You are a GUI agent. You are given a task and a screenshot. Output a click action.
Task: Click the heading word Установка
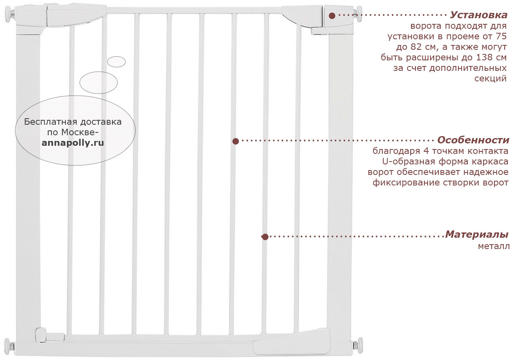(x=479, y=15)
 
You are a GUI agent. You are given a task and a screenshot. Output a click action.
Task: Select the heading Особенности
(x=473, y=140)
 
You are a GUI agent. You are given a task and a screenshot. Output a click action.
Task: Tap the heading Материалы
(x=477, y=234)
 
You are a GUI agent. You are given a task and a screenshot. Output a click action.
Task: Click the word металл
(x=494, y=246)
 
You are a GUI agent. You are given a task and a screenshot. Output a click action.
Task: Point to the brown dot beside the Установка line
(x=332, y=16)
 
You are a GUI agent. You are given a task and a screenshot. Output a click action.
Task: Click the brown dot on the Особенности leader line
(x=236, y=141)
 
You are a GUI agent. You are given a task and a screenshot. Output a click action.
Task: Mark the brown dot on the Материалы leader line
(x=265, y=237)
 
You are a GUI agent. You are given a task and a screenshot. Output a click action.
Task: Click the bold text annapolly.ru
(x=73, y=143)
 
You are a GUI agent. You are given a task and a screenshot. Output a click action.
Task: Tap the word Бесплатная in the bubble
(x=50, y=122)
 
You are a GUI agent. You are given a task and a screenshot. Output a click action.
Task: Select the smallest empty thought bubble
(x=117, y=62)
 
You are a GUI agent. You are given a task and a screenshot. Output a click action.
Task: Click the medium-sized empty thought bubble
(x=98, y=83)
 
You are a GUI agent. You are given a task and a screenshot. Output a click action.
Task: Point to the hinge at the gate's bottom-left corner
(x=49, y=335)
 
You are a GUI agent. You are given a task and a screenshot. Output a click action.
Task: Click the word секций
(x=490, y=79)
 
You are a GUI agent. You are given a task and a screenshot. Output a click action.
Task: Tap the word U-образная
(x=409, y=162)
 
